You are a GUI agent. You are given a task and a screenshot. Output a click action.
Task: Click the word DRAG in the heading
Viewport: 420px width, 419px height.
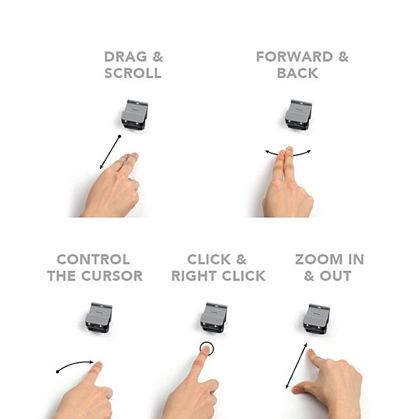126,57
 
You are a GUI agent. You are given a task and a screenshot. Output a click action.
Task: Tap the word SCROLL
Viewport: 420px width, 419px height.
133,73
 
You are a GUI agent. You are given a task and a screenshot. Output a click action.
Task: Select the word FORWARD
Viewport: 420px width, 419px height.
294,57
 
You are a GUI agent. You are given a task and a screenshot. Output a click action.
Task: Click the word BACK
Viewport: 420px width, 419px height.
298,73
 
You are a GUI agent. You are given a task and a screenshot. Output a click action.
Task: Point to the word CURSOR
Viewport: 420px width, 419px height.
111,276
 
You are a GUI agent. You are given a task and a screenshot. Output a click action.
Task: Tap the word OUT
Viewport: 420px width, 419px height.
336,276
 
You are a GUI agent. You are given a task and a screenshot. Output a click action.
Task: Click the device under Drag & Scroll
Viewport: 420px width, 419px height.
135,115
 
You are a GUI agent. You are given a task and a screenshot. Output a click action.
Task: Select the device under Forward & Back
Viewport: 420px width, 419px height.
298,115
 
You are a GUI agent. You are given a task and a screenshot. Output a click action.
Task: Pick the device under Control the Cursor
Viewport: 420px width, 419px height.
99,318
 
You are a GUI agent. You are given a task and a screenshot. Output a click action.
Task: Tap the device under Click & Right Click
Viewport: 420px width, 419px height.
213,318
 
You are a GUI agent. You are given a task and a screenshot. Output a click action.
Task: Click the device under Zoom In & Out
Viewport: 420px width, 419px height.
316,319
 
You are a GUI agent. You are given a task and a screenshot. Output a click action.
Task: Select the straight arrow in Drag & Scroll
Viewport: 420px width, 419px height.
110,152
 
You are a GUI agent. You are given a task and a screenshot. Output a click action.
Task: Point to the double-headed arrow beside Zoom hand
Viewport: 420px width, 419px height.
296,365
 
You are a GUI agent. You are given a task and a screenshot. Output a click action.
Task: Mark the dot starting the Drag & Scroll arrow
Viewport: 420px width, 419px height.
120,136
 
